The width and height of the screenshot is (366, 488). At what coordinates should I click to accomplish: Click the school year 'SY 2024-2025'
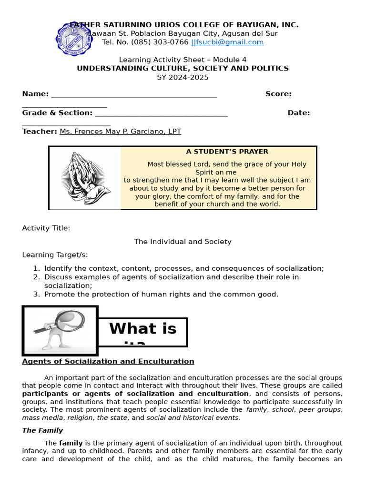tap(183, 77)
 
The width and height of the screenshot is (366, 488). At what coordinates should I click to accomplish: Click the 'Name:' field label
tap(35, 94)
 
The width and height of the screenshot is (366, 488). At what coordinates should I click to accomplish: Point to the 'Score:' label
tap(278, 94)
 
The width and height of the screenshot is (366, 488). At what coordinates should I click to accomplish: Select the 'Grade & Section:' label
tap(57, 113)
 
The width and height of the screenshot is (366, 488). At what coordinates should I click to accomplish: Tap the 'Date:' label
tap(298, 113)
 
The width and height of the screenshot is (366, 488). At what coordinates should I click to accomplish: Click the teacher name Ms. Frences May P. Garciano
tap(120, 132)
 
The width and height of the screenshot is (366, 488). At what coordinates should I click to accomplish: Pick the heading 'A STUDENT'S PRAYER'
tap(227, 152)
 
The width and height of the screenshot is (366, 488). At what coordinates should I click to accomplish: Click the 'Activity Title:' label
tap(46, 228)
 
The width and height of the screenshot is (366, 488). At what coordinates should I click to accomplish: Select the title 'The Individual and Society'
tap(183, 242)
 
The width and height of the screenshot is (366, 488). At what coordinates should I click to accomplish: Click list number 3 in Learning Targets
tap(36, 294)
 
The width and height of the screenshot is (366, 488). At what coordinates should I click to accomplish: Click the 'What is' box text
tap(142, 329)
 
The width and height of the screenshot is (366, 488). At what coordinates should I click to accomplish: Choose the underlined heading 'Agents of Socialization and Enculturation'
tap(108, 361)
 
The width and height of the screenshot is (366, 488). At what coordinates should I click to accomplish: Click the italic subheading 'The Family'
tap(42, 430)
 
